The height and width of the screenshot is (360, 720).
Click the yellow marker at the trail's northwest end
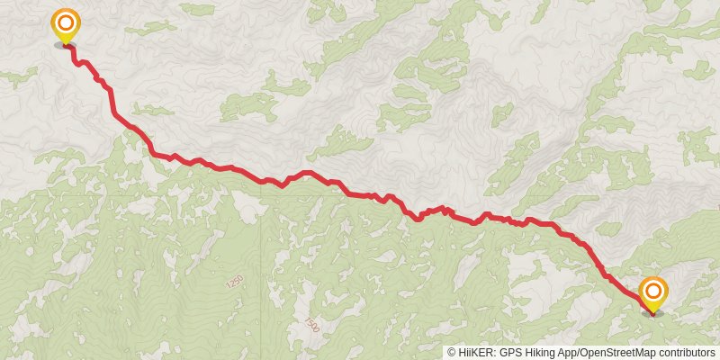(x=65, y=24)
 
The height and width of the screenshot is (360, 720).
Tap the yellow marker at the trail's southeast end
(x=653, y=293)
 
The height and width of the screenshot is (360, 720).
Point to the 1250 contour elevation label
(x=235, y=282)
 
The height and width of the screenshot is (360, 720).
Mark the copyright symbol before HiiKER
(x=452, y=353)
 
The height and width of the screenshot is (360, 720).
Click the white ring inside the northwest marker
(x=65, y=22)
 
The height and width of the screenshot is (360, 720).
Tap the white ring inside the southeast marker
(x=653, y=291)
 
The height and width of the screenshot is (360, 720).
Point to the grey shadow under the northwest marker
(x=65, y=44)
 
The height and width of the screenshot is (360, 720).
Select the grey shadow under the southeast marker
(x=653, y=313)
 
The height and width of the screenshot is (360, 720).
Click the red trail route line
(x=360, y=193)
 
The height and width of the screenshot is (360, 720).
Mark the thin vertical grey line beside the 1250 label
(x=264, y=270)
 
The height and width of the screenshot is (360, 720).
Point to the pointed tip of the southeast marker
(x=653, y=310)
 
